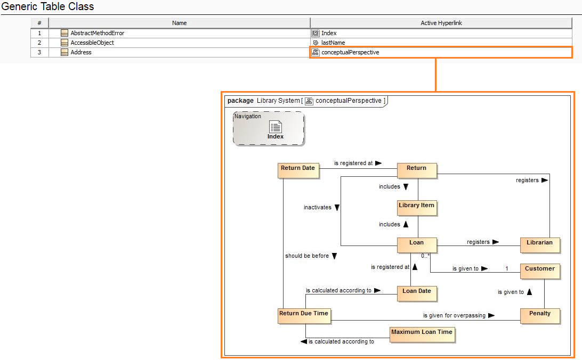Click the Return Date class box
coord(298,170)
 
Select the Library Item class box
coord(416,207)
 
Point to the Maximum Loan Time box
coord(422,334)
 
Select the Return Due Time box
coord(304,315)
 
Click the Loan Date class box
coord(416,293)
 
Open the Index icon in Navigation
coord(276,127)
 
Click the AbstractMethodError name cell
coord(97,33)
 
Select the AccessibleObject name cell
coord(92,43)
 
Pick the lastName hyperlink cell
coord(333,43)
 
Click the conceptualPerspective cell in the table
coord(350,52)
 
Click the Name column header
coord(179,23)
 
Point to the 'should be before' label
coord(307,256)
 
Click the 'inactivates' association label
coord(318,207)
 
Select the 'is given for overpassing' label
coord(454,315)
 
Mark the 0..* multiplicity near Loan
coord(425,256)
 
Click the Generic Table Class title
coord(48,7)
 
